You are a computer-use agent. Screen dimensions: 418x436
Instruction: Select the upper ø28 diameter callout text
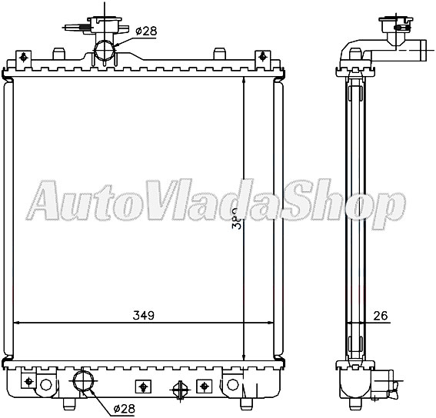[x=146, y=31]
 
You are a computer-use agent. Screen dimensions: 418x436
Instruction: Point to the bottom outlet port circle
[x=83, y=381]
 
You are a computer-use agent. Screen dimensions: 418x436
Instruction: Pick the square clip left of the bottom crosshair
[x=141, y=386]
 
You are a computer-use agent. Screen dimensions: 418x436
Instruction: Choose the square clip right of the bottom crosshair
[x=204, y=386]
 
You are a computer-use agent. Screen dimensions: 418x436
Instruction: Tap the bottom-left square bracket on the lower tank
[x=29, y=380]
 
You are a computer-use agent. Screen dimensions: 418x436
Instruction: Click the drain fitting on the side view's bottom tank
[x=388, y=378]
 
